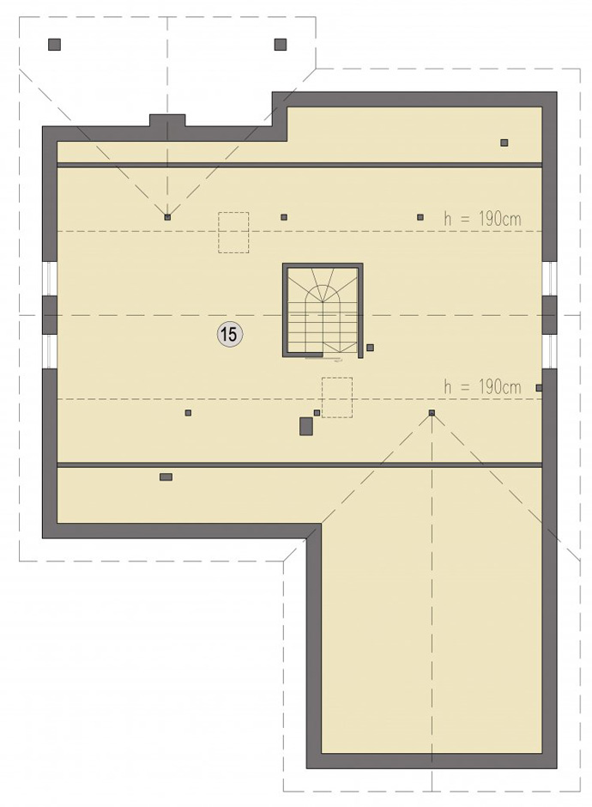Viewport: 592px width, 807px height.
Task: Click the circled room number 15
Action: [229, 335]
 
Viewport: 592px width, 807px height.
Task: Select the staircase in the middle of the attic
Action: [323, 310]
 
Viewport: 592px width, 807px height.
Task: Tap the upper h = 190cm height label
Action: [482, 219]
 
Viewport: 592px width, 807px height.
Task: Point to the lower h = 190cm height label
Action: [482, 386]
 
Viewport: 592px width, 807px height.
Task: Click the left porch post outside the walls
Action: [55, 45]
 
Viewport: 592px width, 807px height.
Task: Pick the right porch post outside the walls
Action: [281, 45]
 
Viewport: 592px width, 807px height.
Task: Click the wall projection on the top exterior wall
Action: [167, 120]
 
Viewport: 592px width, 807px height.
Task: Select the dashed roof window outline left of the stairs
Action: [233, 232]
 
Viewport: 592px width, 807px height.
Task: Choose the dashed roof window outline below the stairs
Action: [337, 397]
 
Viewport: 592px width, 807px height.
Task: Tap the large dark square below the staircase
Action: [306, 426]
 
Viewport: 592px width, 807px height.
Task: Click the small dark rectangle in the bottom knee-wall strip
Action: [166, 477]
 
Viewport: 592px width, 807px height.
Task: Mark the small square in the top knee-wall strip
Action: [504, 143]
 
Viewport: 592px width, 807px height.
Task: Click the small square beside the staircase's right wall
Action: [370, 348]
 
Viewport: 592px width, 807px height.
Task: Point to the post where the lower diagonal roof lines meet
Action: [432, 412]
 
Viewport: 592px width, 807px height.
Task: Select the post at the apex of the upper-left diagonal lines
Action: [167, 217]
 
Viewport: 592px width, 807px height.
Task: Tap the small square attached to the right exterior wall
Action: [539, 387]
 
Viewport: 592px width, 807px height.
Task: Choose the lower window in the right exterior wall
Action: [549, 351]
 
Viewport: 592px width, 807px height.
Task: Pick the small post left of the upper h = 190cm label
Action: [420, 217]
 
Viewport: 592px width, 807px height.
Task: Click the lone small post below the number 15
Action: [188, 412]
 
